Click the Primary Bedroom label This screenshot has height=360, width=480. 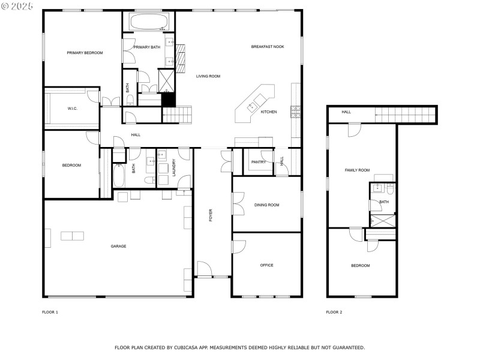85,53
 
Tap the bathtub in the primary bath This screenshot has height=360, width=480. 149,21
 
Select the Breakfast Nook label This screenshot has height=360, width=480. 268,47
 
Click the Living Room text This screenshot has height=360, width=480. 208,76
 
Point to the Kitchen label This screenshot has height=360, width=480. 269,112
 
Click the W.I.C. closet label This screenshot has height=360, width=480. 73,109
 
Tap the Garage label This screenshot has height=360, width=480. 118,247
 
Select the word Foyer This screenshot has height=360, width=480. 211,215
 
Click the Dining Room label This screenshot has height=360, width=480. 266,205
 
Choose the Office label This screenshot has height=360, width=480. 266,265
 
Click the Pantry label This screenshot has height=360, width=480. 259,162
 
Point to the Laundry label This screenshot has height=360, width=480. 174,167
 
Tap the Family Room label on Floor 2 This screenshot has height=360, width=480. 357,170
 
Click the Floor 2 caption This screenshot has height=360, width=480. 334,312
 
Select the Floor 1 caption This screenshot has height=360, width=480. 50,312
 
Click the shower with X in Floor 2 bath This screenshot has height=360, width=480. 383,221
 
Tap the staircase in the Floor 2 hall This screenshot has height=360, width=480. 406,115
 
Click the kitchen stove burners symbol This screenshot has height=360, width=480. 295,112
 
